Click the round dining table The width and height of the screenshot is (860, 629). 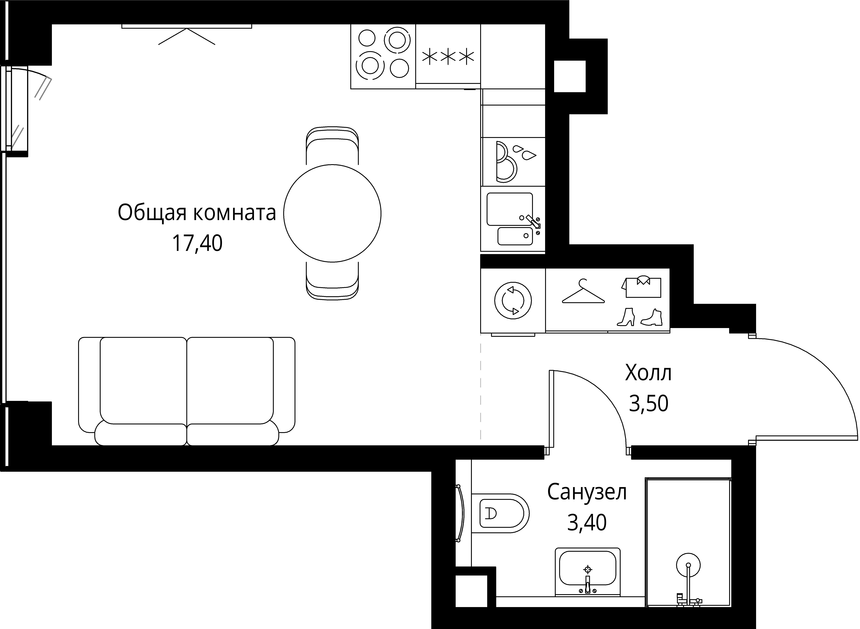(x=332, y=213)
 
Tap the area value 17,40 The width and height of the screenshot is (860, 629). (x=197, y=244)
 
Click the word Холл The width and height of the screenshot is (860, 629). (x=648, y=373)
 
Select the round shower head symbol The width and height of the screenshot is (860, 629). (x=688, y=565)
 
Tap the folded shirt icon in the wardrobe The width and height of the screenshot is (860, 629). (x=643, y=286)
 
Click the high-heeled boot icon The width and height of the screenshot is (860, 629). (x=626, y=317)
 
